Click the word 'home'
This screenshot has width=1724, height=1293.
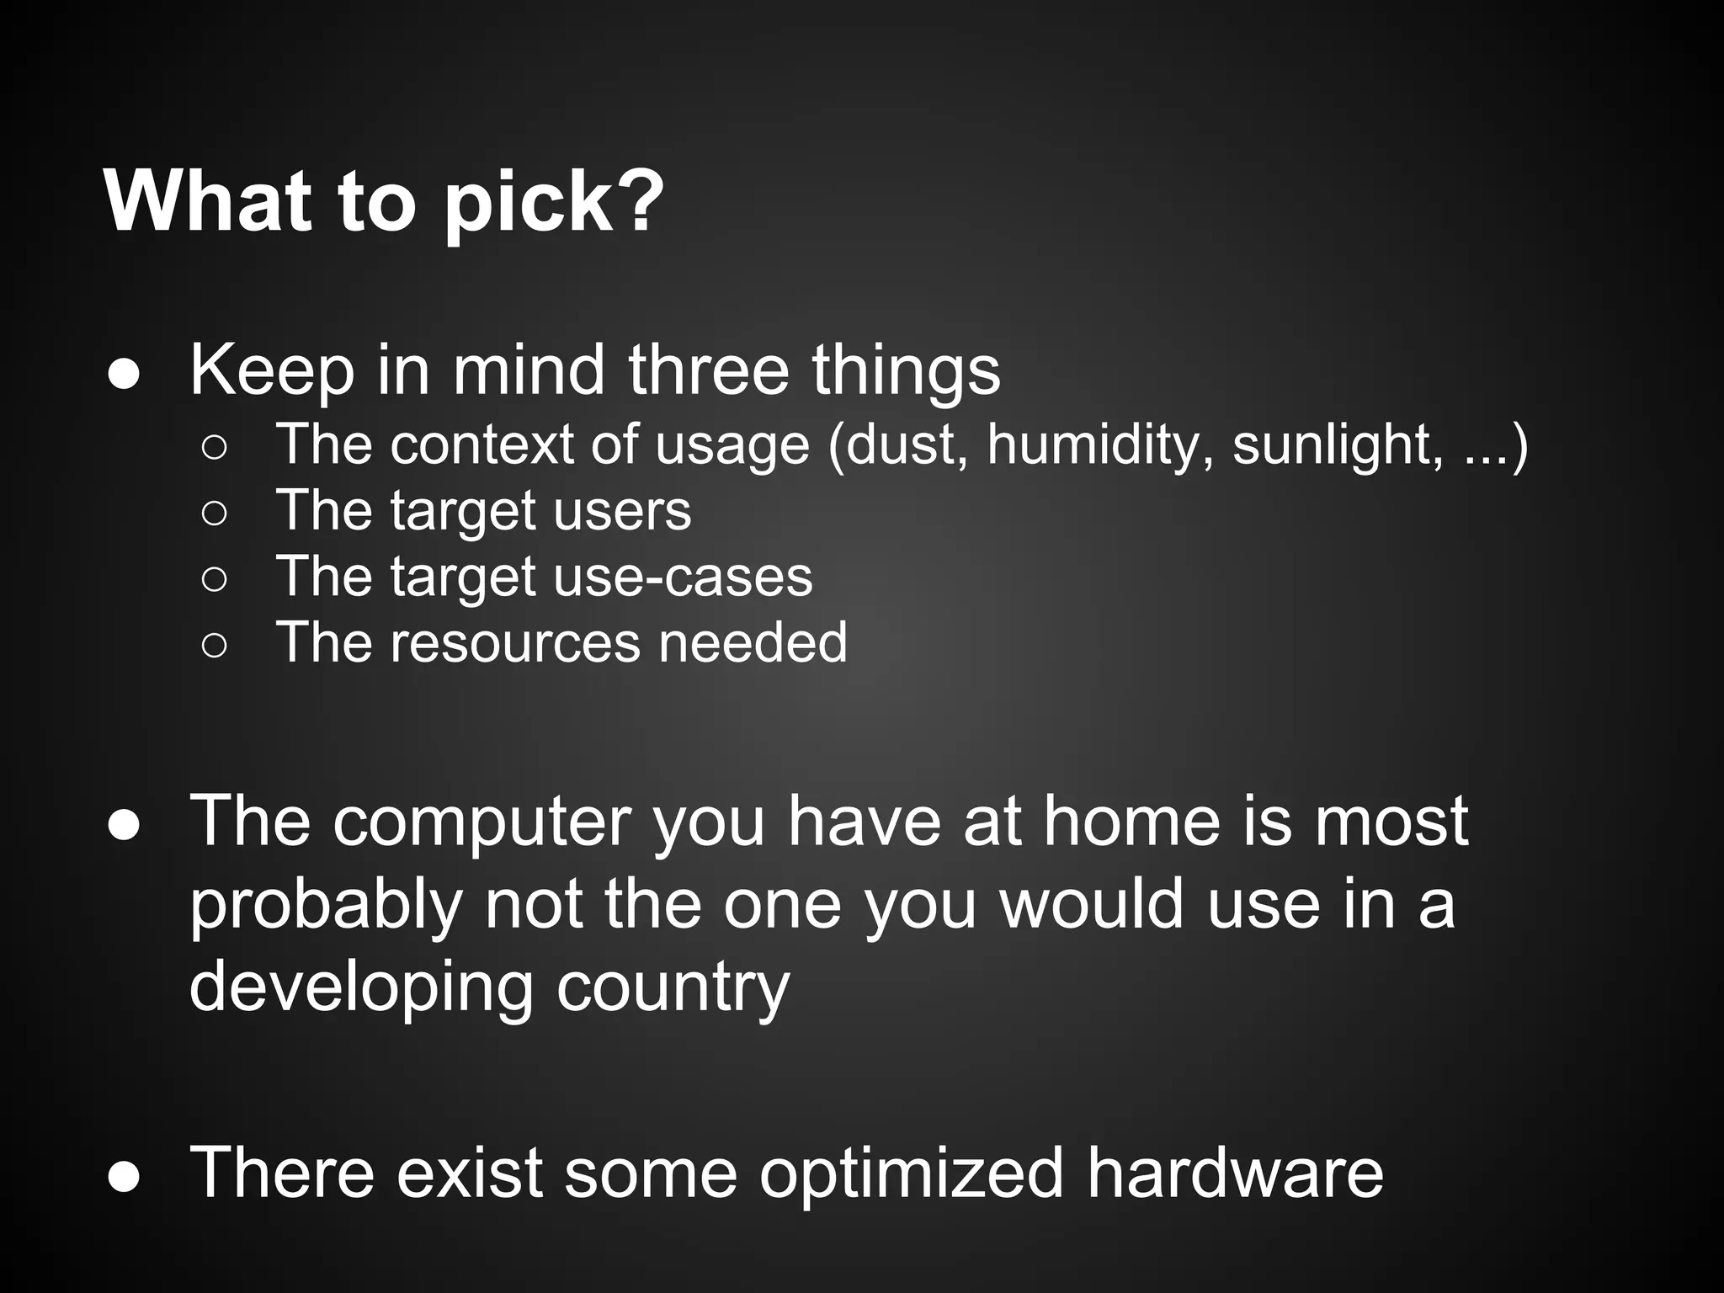click(x=1131, y=821)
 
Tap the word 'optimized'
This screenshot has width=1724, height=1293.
click(x=912, y=1173)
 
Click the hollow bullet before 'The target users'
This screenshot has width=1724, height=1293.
click(x=214, y=513)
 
